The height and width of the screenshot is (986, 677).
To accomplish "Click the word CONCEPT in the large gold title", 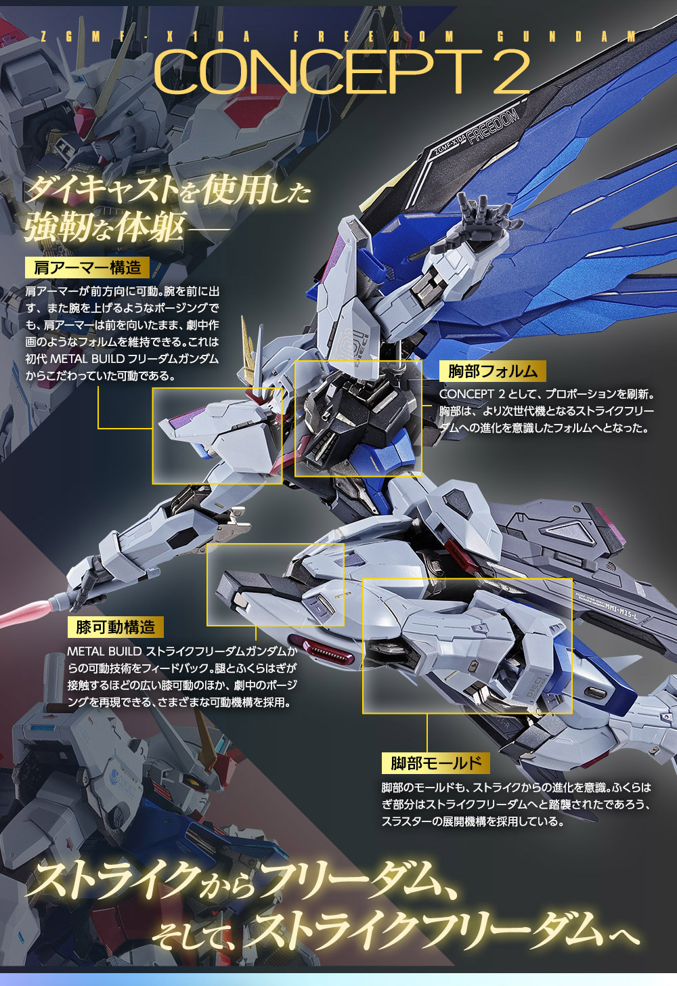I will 315,72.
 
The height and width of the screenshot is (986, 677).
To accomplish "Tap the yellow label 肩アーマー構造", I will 87,267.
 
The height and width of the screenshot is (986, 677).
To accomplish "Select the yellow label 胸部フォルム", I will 493,371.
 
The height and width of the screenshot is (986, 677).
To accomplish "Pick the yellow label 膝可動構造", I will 116,627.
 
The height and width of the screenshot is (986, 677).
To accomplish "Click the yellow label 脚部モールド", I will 435,763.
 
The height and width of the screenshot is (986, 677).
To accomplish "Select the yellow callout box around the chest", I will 358,418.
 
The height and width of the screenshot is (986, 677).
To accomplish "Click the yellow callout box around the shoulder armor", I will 217,435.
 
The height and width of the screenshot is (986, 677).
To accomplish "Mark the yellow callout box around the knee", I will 276,584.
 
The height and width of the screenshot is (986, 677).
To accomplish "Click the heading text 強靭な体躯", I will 105,227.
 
